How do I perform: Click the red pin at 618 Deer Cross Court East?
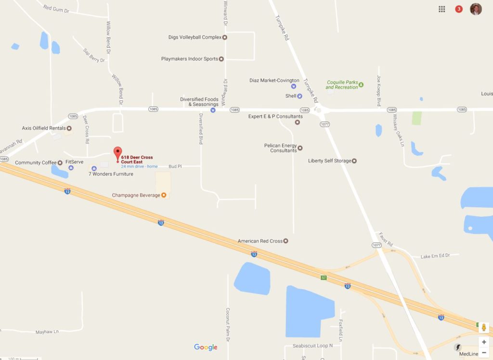(x=117, y=154)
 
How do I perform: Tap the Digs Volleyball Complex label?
(x=195, y=37)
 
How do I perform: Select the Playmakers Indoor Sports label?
(x=190, y=59)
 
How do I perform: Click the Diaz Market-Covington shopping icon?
(x=294, y=86)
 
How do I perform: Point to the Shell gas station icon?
(x=299, y=96)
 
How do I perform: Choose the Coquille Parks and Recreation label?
(x=342, y=85)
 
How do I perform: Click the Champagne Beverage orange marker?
(x=164, y=195)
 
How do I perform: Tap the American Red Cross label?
(x=260, y=240)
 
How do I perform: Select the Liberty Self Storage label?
(x=330, y=160)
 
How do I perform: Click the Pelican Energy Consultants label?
(x=281, y=148)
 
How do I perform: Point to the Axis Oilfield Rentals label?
(x=44, y=128)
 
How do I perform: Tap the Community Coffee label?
(x=36, y=162)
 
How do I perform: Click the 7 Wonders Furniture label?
(x=111, y=174)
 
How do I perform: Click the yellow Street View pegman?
(x=484, y=328)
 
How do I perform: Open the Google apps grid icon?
(x=442, y=9)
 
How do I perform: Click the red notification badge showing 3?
(x=459, y=9)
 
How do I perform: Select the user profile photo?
(x=476, y=9)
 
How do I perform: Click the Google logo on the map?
(x=206, y=347)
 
